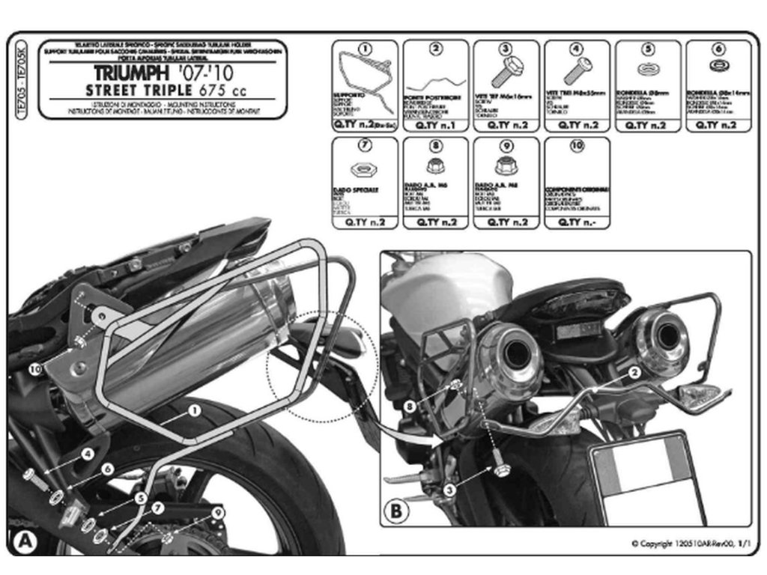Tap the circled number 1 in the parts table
click(365, 49)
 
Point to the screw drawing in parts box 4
click(577, 72)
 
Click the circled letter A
click(23, 541)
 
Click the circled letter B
click(396, 512)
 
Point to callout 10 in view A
click(35, 368)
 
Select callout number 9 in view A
click(218, 512)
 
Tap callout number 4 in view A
click(88, 454)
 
